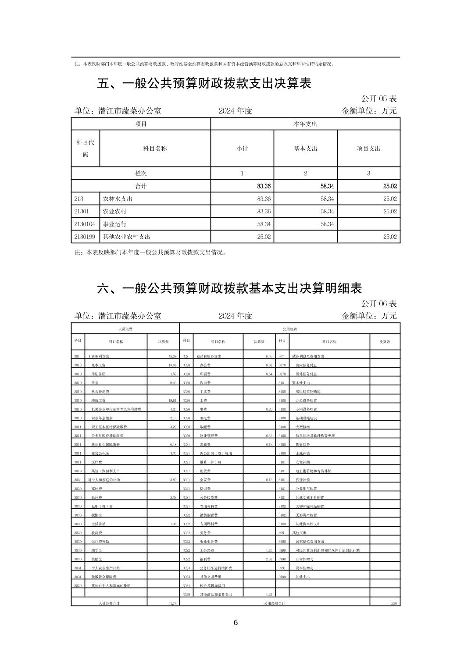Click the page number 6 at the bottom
tap(235, 623)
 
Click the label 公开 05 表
tap(378, 99)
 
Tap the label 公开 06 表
tap(378, 303)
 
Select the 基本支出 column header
tap(305, 149)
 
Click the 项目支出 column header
tap(368, 149)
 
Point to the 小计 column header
tap(242, 149)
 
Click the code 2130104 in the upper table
tap(82, 224)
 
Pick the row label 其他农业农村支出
tap(126, 237)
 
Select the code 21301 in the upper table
tap(82, 211)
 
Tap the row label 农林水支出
tap(118, 198)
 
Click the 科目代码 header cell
tap(85, 148)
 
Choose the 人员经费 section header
tap(125, 329)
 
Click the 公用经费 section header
tap(289, 329)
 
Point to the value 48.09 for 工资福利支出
tap(172, 357)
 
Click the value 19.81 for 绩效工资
tap(172, 400)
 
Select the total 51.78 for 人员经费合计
tap(172, 603)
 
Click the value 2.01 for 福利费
tap(269, 559)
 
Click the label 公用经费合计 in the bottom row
tap(275, 603)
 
